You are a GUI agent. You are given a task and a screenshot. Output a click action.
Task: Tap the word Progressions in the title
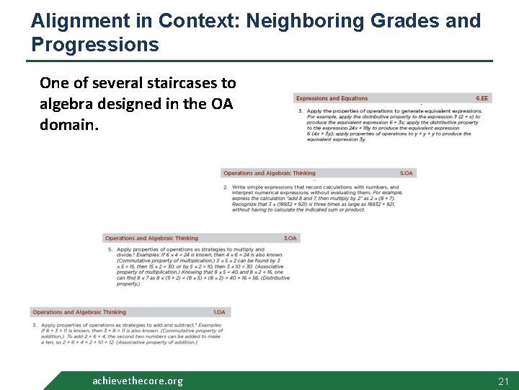(x=95, y=45)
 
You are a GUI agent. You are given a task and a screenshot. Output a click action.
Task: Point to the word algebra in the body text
(x=66, y=104)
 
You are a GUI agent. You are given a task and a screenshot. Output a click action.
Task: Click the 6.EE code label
(x=482, y=98)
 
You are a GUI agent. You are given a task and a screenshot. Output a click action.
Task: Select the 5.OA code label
(x=407, y=173)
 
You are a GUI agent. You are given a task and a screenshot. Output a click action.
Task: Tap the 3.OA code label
(x=289, y=238)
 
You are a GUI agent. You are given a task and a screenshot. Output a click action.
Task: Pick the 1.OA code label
(x=219, y=313)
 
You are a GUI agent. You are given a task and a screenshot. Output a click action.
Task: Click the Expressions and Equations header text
(x=332, y=98)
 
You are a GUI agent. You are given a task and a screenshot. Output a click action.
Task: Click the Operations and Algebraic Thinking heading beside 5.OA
(x=269, y=173)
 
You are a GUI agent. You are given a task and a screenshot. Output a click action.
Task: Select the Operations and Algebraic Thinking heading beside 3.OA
(x=151, y=238)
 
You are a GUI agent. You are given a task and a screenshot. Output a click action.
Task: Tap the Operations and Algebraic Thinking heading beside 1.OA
(x=79, y=313)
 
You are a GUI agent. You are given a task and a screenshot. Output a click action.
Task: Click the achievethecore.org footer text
(x=138, y=381)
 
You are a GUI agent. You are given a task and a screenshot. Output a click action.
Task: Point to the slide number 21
(x=503, y=381)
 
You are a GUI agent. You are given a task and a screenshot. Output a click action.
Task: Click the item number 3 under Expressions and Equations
(x=300, y=111)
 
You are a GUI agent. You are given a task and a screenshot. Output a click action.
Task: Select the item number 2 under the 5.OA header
(x=226, y=187)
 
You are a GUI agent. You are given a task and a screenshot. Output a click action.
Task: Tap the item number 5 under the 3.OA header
(x=110, y=250)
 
